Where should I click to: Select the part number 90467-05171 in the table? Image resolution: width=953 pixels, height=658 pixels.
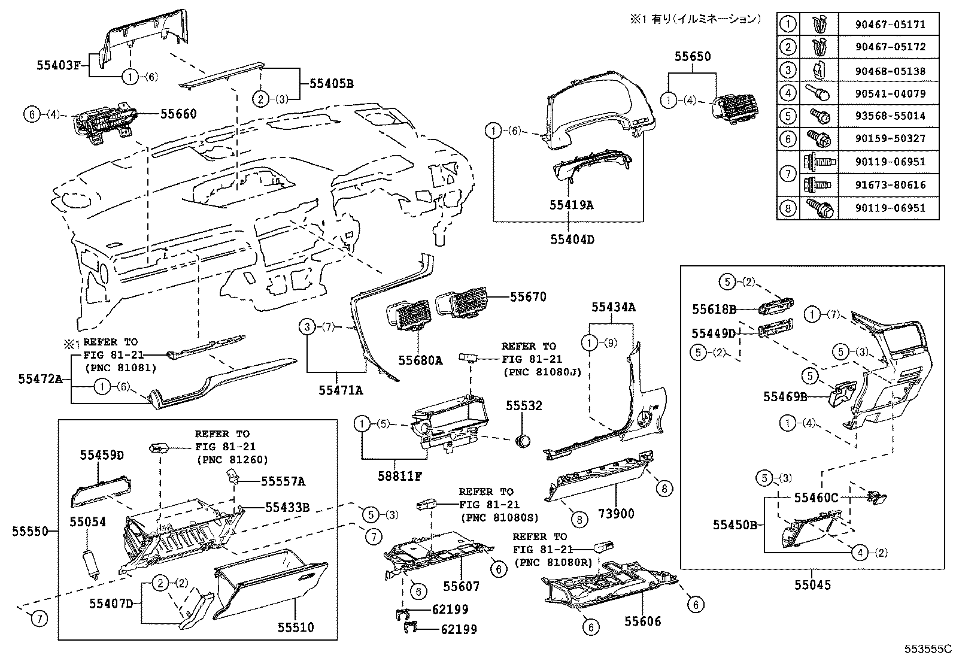890,25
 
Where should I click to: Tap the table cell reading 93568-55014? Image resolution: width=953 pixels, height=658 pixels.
890,116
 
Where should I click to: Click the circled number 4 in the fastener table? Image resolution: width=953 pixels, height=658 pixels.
788,93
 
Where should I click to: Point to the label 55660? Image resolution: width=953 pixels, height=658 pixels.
178,113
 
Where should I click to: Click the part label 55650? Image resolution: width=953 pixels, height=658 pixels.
693,56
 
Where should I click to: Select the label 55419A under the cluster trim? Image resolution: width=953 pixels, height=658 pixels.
572,205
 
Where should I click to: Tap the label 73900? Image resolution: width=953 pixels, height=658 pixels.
616,514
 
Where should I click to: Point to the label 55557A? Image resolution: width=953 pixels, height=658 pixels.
283,481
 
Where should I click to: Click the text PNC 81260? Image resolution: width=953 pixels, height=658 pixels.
232,460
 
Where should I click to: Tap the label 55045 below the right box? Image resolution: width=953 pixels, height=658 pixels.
813,585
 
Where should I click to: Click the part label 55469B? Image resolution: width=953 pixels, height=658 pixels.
785,396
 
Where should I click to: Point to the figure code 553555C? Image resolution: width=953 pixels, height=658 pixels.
927,648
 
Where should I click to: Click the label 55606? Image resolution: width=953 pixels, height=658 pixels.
643,621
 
